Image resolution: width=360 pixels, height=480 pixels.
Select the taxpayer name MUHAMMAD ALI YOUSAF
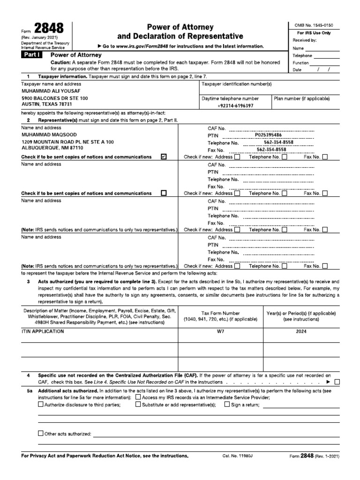(x=48, y=91)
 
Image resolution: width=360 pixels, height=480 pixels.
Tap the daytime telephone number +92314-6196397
(x=235, y=106)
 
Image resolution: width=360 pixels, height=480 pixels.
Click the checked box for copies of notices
(x=164, y=157)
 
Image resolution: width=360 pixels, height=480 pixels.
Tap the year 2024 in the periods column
(x=301, y=331)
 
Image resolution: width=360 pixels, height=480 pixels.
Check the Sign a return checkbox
(x=227, y=404)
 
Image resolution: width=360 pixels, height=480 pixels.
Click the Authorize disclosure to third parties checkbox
(x=40, y=404)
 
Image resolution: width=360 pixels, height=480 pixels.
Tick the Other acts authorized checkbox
(x=40, y=434)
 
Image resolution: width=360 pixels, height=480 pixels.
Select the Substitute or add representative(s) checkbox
(x=138, y=404)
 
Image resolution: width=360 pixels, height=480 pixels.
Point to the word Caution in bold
(x=60, y=62)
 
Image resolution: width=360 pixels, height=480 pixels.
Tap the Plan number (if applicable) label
(x=301, y=98)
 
